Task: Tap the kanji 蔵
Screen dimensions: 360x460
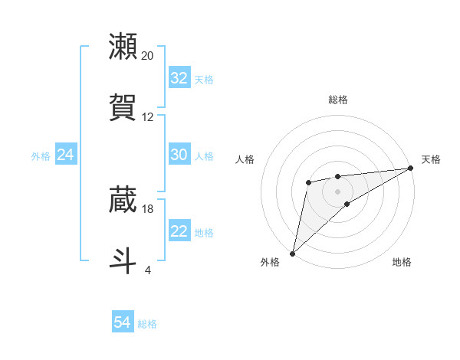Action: pos(123,200)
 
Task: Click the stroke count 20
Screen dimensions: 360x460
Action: pos(147,56)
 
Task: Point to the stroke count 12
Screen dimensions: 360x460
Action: pos(147,117)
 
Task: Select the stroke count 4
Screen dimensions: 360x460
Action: pos(147,270)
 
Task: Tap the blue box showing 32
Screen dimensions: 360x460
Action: pos(179,78)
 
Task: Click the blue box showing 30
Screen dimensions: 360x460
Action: pos(179,155)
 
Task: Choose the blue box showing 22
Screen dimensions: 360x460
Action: pos(179,231)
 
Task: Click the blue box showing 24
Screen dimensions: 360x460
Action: pos(66,155)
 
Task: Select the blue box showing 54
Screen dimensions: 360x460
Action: pos(123,323)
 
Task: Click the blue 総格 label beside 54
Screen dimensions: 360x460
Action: pos(147,324)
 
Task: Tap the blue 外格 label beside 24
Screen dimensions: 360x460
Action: pos(41,155)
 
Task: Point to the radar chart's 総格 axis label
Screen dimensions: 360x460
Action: pos(337,100)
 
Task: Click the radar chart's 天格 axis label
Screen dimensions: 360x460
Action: pos(431,159)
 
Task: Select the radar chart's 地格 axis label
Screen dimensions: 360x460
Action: pos(402,262)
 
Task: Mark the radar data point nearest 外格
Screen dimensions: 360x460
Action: pos(292,253)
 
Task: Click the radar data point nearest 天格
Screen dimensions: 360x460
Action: pos(411,168)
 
